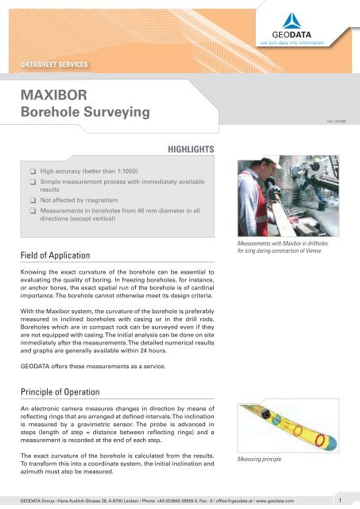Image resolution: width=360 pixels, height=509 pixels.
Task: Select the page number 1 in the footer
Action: click(x=339, y=500)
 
